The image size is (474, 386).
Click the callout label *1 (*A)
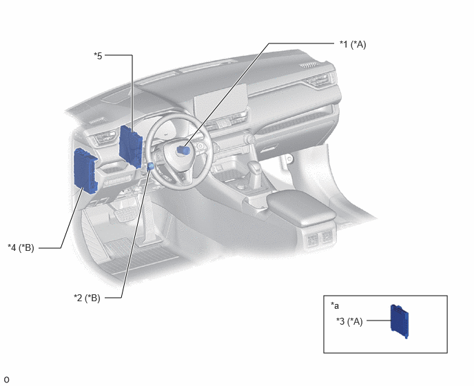pyautogui.click(x=353, y=45)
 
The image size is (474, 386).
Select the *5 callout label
pyautogui.click(x=98, y=56)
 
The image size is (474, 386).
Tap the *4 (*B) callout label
pyautogui.click(x=21, y=247)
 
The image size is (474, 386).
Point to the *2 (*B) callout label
pyautogui.click(x=87, y=298)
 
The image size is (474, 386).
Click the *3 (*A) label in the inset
pyautogui.click(x=349, y=321)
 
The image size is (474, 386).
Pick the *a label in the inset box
pyautogui.click(x=335, y=305)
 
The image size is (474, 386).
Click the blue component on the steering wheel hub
pyautogui.click(x=183, y=150)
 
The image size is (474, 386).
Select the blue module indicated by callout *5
pyautogui.click(x=131, y=146)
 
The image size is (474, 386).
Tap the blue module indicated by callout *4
pyautogui.click(x=85, y=170)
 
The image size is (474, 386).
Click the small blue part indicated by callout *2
pyautogui.click(x=151, y=166)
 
